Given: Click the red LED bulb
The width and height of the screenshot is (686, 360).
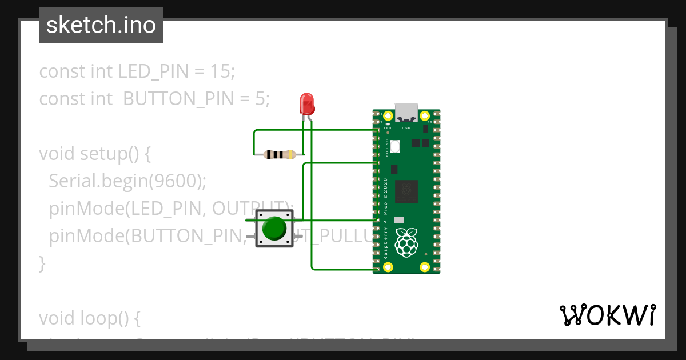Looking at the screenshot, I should [307, 104].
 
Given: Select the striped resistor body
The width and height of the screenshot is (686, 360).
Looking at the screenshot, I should [279, 154].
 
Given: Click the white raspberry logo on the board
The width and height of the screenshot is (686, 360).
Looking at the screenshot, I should [407, 242].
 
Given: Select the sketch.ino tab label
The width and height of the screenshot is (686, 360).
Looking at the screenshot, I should [101, 25].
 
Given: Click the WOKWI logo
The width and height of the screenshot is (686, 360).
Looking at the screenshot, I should [607, 315].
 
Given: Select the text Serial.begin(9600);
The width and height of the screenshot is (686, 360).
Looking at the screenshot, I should [127, 181].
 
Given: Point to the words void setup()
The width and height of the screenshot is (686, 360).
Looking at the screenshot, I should [94, 154].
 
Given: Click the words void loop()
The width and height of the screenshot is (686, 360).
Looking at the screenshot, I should [89, 318].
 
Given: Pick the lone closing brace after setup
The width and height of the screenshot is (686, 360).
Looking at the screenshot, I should [42, 263].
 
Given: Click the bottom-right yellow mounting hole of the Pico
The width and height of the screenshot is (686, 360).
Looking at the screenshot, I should [424, 267].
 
